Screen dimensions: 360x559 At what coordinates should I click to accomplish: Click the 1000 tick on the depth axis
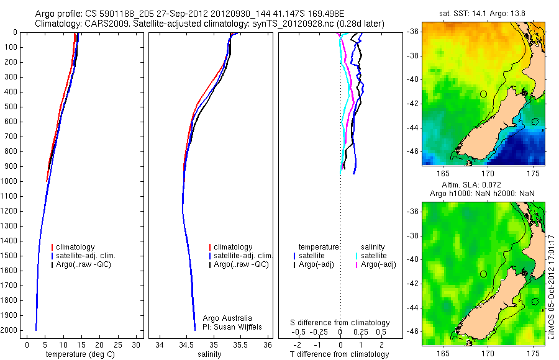tap(11, 181)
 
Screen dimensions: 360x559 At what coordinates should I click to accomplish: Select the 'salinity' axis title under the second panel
tap(208, 354)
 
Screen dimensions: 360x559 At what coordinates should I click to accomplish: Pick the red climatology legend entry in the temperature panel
tap(78, 247)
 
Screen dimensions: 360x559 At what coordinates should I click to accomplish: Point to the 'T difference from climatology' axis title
tap(339, 354)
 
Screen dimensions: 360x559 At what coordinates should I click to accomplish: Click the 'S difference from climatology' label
tap(340, 323)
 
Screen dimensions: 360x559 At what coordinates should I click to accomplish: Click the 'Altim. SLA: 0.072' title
tap(483, 186)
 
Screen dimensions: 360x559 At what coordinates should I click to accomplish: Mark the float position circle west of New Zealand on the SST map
tap(483, 94)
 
